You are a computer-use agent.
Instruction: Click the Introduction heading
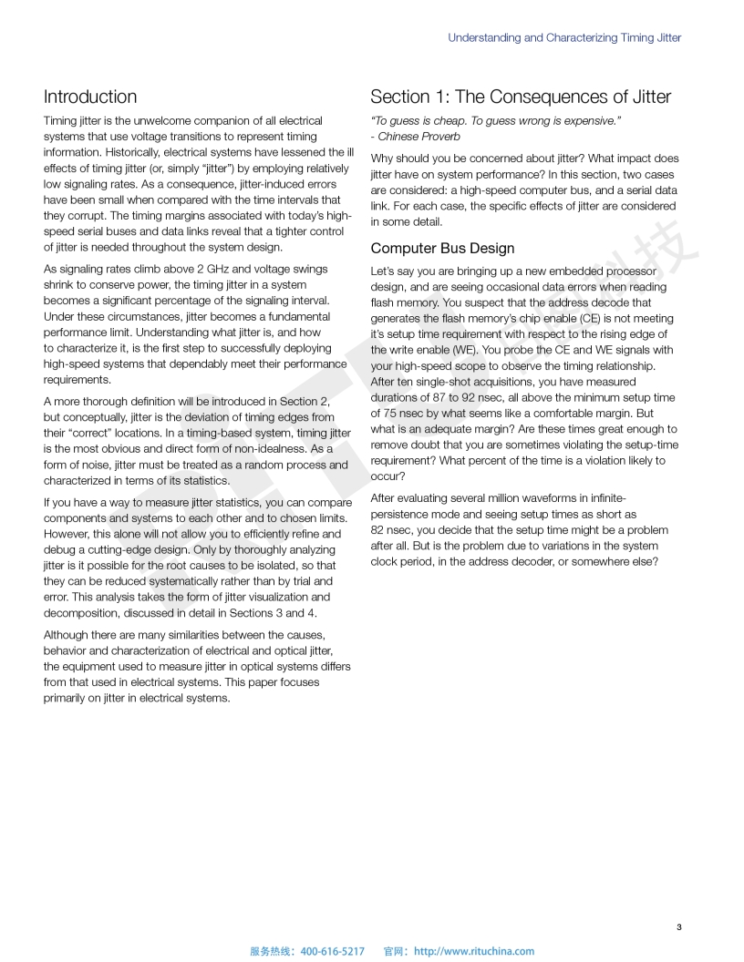click(x=90, y=97)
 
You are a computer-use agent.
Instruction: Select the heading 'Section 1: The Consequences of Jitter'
click(x=520, y=97)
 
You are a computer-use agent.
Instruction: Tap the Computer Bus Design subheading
click(x=442, y=248)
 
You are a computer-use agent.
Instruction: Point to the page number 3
click(x=678, y=927)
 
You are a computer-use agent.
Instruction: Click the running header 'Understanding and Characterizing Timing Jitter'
click(x=564, y=38)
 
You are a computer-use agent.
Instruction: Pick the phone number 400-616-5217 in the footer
click(x=332, y=951)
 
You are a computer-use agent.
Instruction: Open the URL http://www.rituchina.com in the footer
click(x=474, y=951)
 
